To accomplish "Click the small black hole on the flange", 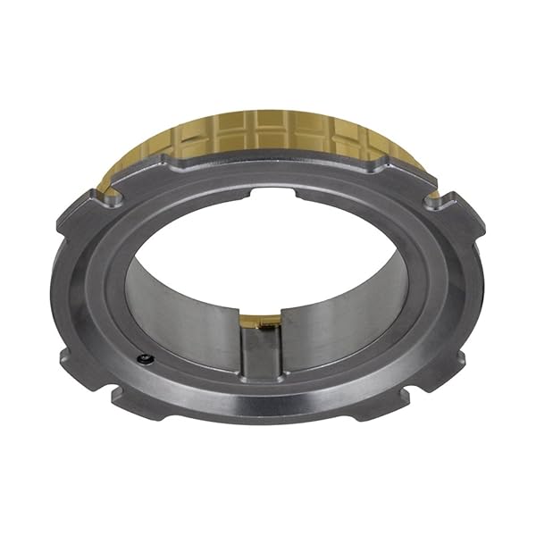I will tap(146, 359).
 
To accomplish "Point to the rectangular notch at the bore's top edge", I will tap(275, 191).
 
